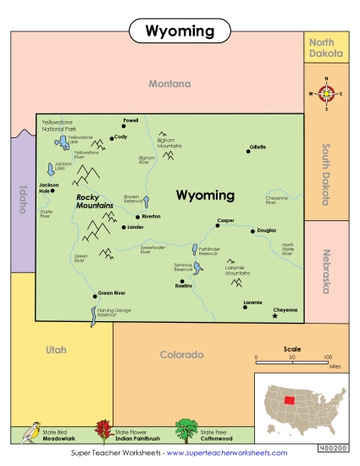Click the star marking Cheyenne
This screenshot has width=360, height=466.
(x=274, y=316)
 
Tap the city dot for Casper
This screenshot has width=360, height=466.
(x=219, y=226)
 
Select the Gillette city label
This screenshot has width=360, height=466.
(x=258, y=147)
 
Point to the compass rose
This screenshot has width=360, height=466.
(x=326, y=94)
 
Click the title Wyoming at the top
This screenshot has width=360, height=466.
(x=180, y=31)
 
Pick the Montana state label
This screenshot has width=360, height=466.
(x=169, y=84)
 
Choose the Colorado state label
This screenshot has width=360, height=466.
(x=182, y=354)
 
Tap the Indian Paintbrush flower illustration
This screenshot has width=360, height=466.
(x=104, y=431)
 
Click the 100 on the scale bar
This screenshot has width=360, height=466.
(x=327, y=358)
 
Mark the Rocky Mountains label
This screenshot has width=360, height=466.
(x=94, y=201)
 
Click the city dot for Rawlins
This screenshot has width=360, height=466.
(x=182, y=280)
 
